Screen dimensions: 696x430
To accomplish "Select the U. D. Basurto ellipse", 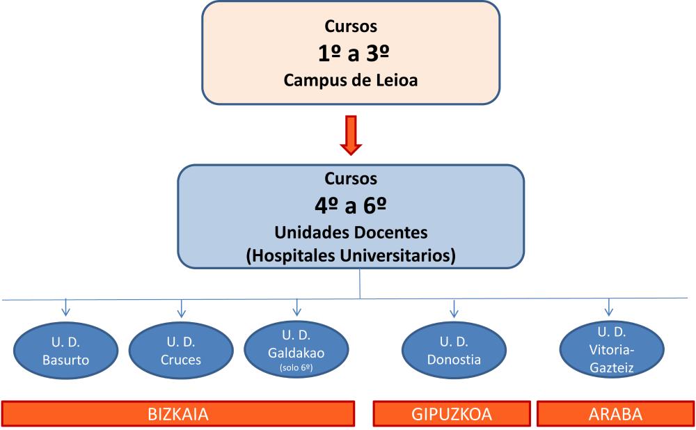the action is click(65, 351).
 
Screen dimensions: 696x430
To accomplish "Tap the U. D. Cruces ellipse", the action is click(181, 351).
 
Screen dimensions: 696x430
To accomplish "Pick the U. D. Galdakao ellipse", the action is click(296, 350).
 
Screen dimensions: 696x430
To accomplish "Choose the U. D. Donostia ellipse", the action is click(454, 350).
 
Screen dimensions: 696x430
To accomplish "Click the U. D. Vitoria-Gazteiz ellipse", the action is click(612, 349).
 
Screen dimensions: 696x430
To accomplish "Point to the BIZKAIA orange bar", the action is click(178, 413).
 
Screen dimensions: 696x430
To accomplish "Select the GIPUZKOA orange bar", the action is click(452, 413).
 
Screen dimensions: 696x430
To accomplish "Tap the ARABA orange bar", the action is click(616, 413).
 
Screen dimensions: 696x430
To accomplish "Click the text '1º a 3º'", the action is click(354, 54).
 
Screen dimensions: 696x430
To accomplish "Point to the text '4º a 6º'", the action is click(351, 205).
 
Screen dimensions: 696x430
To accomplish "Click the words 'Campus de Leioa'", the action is click(351, 80).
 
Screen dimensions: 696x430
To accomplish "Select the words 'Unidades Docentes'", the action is click(351, 232).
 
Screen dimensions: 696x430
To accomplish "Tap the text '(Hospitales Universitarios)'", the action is click(351, 255).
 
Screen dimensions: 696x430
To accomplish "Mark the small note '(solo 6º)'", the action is click(296, 367).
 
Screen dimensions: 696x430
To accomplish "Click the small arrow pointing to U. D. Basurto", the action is click(65, 308).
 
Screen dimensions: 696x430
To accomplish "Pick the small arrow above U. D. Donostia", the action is click(454, 309).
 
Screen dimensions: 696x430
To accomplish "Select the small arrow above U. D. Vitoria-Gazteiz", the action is click(609, 307).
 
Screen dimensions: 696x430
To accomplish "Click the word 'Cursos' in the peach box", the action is click(351, 26).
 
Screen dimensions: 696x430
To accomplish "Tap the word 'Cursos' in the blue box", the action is click(351, 178).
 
